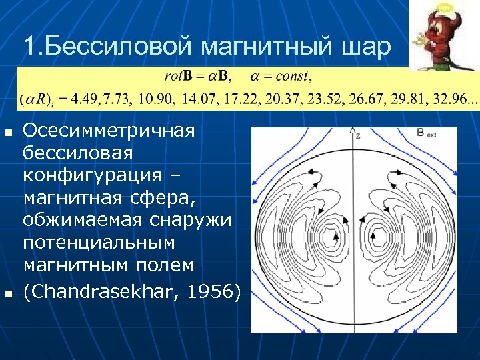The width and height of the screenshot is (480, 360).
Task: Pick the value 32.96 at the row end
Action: (458, 99)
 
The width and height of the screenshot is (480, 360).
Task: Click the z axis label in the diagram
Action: (359, 135)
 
